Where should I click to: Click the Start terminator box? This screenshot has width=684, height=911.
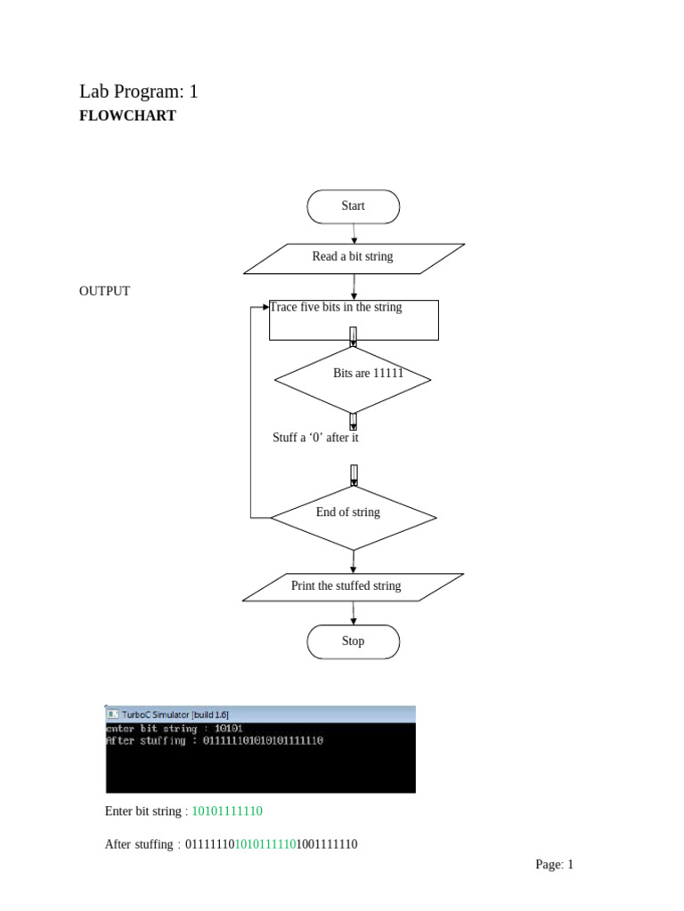pyautogui.click(x=353, y=206)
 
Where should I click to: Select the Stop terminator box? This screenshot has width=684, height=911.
pyautogui.click(x=353, y=641)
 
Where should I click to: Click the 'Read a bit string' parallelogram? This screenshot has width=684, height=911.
pyautogui.click(x=353, y=257)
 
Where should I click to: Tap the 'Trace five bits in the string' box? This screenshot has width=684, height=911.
pyautogui.click(x=354, y=319)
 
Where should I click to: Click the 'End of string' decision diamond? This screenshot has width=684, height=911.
pyautogui.click(x=353, y=517)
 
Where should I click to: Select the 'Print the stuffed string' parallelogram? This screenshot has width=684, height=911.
pyautogui.click(x=353, y=586)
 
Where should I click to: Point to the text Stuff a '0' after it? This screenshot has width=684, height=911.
pyautogui.click(x=315, y=438)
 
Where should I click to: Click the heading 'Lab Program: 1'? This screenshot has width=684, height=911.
pyautogui.click(x=138, y=91)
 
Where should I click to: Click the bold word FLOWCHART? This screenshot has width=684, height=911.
pyautogui.click(x=127, y=116)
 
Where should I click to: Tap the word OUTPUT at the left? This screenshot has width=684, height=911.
pyautogui.click(x=104, y=291)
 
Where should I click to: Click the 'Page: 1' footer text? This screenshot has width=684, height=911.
pyautogui.click(x=554, y=864)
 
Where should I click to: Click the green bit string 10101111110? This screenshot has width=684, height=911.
pyautogui.click(x=227, y=811)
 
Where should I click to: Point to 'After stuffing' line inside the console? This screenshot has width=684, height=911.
pyautogui.click(x=214, y=740)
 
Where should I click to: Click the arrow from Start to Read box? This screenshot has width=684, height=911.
pyautogui.click(x=354, y=233)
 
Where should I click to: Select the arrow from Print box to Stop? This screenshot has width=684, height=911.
pyautogui.click(x=354, y=613)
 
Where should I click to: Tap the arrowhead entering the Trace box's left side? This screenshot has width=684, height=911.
pyautogui.click(x=265, y=307)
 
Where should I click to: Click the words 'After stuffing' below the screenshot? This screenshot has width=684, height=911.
pyautogui.click(x=139, y=844)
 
